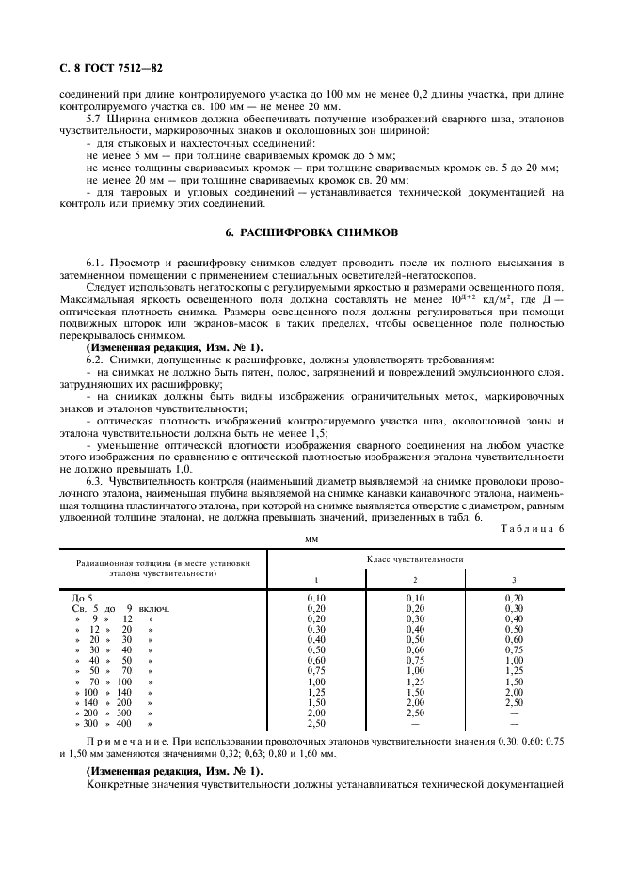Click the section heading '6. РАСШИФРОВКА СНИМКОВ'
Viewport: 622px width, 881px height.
click(311, 232)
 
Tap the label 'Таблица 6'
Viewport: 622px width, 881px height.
click(532, 529)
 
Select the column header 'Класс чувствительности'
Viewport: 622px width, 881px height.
click(415, 559)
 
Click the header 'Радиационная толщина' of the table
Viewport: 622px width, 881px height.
click(163, 566)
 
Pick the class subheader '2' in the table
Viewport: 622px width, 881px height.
click(415, 579)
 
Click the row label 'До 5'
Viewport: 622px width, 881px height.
click(83, 598)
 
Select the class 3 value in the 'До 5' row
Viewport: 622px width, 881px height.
click(514, 598)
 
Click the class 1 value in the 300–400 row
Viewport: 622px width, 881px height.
click(316, 723)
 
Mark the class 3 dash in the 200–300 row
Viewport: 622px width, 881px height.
click(514, 713)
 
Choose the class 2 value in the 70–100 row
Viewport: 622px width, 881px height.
click(415, 681)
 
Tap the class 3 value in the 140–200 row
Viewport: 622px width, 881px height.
click(514, 702)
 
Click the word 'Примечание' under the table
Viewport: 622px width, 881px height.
click(132, 744)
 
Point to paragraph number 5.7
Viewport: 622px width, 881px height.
click(98, 120)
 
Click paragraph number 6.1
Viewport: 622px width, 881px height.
click(97, 262)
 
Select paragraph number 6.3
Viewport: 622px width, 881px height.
click(97, 482)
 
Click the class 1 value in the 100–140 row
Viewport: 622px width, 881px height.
click(316, 692)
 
